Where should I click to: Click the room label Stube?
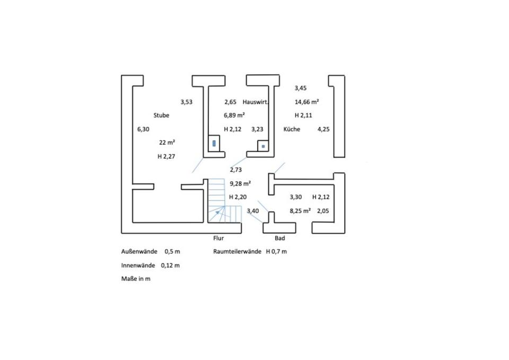pyautogui.click(x=161, y=115)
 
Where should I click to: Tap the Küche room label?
pyautogui.click(x=292, y=129)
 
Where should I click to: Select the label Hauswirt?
pyautogui.click(x=256, y=101)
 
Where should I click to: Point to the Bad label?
pyautogui.click(x=279, y=239)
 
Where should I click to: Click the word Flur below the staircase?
pyautogui.click(x=218, y=239)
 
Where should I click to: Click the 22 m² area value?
pyautogui.click(x=167, y=142)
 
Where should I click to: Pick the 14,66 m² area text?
pyautogui.click(x=306, y=101)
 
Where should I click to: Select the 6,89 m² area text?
pyautogui.click(x=234, y=115)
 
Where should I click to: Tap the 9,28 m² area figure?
pyautogui.click(x=240, y=183)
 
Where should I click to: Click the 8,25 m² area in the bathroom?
pyautogui.click(x=300, y=210)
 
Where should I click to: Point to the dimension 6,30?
pyautogui.click(x=143, y=129)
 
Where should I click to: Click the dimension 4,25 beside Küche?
pyautogui.click(x=323, y=129)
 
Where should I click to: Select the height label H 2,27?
pyautogui.click(x=166, y=156)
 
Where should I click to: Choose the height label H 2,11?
pyautogui.click(x=304, y=115)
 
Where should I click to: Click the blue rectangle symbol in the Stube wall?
pyautogui.click(x=214, y=143)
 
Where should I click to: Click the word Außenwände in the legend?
pyautogui.click(x=139, y=252)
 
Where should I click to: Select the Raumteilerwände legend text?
pyautogui.click(x=238, y=252)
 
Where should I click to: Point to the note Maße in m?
pyautogui.click(x=136, y=279)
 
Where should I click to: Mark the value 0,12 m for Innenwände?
pyautogui.click(x=170, y=266)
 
